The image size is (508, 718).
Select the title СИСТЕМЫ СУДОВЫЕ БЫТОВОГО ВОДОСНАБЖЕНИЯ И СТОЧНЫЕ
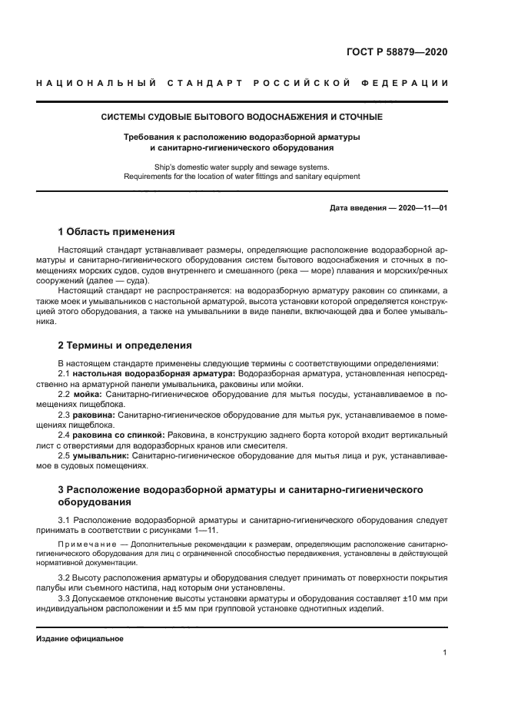tap(242, 117)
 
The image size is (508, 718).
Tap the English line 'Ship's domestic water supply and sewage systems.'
tap(242, 166)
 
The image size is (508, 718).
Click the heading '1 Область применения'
tap(117, 231)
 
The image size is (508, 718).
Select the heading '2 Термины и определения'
tap(125, 345)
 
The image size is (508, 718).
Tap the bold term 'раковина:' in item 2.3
tap(96, 415)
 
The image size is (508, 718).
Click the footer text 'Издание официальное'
tap(79, 638)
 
